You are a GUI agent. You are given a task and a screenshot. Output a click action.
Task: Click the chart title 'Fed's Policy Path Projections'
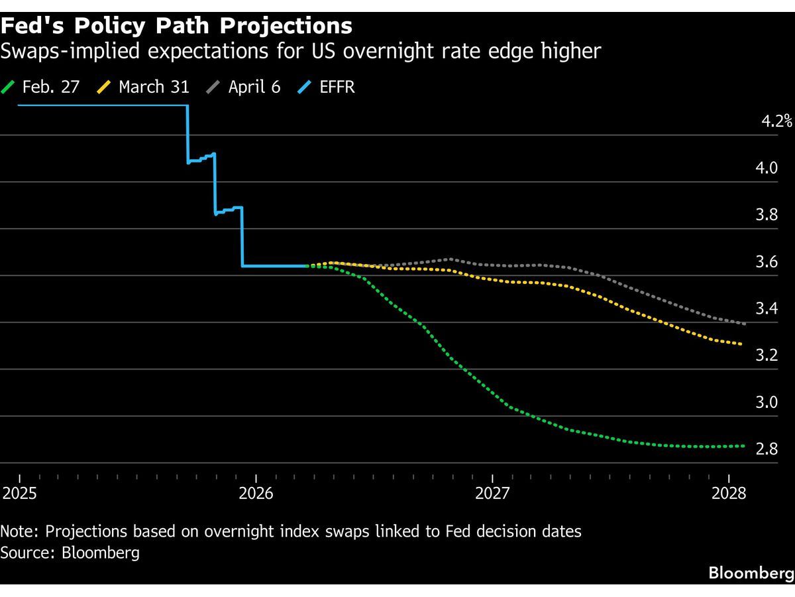176,26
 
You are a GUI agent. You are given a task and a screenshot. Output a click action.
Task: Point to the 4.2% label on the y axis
776,121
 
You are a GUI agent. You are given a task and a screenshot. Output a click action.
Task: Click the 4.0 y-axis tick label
767,168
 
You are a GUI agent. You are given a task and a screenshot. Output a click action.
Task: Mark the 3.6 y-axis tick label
767,261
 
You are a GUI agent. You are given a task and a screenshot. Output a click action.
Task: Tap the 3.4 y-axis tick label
767,308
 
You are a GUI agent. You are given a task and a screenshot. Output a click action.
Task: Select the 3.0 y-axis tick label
767,402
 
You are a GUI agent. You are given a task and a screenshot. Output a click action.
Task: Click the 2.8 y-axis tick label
767,449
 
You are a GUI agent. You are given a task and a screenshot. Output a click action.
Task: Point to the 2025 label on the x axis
19,494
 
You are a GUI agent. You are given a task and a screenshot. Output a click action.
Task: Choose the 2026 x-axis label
256,494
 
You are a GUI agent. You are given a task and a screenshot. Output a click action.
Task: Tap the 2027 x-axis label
492,494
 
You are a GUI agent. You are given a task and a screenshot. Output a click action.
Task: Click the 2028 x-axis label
728,494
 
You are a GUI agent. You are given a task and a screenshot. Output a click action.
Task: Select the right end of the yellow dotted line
741,344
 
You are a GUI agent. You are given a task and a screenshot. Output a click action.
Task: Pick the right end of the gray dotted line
745,324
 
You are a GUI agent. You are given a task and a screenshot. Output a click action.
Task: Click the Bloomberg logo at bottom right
751,573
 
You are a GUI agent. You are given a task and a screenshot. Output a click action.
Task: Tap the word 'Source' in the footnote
26,553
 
